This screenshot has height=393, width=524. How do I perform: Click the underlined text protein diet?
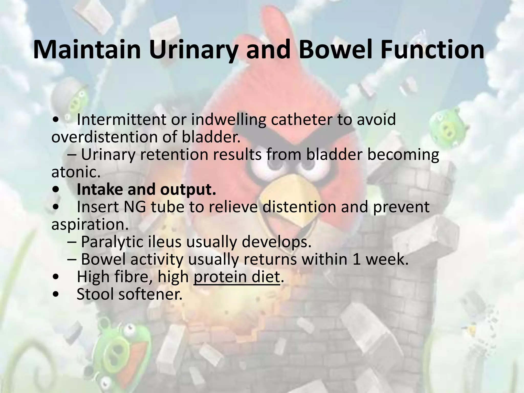(237, 277)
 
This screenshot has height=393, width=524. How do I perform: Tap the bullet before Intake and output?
(56, 190)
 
